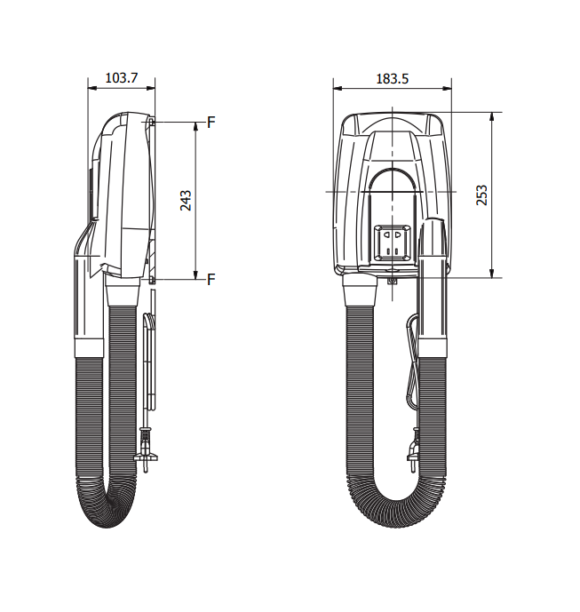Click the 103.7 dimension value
(x=122, y=77)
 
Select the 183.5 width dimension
(x=392, y=79)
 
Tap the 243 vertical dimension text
(x=186, y=200)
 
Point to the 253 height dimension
(x=482, y=195)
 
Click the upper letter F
(x=211, y=123)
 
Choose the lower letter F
(x=211, y=280)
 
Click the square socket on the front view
(x=392, y=242)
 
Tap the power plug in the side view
(x=145, y=450)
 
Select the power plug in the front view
(x=414, y=450)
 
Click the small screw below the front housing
(x=393, y=281)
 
